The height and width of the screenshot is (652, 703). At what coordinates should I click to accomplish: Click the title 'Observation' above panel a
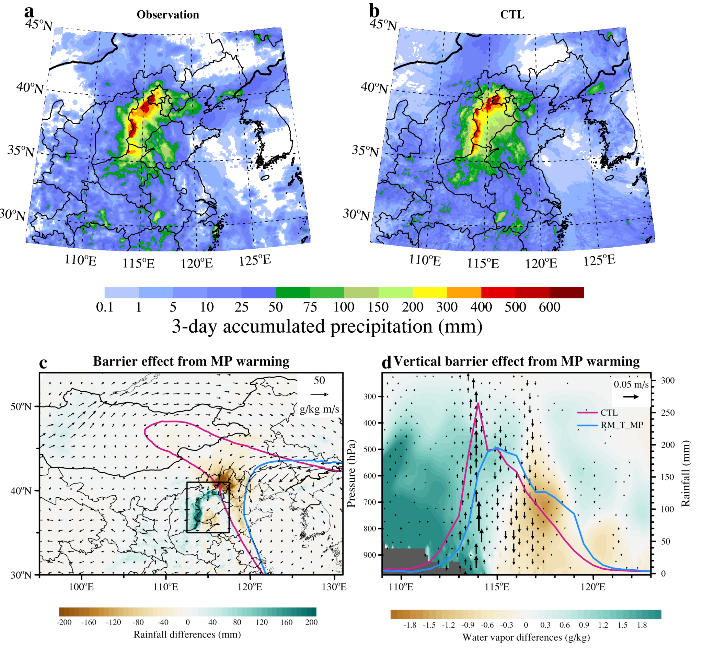[x=168, y=15]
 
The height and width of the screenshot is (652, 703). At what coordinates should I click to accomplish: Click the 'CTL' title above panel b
[x=512, y=15]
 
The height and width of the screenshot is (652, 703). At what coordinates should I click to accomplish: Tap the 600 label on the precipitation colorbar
[x=550, y=307]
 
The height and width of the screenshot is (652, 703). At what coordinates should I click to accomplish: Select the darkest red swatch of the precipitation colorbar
[x=567, y=293]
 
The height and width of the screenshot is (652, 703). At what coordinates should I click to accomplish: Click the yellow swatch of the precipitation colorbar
[x=430, y=293]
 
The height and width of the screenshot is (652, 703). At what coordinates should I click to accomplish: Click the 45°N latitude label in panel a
[x=39, y=25]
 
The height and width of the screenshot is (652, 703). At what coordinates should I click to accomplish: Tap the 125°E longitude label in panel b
[x=599, y=260]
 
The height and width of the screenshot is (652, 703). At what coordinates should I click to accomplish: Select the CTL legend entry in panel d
[x=609, y=413]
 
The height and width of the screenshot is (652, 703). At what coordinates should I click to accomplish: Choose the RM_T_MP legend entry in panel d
[x=621, y=425]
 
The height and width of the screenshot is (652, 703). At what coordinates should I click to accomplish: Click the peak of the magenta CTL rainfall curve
[x=478, y=403]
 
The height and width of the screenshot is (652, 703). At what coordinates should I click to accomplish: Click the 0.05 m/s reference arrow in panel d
[x=631, y=396]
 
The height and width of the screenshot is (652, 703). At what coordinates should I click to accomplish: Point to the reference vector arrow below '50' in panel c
[x=319, y=394]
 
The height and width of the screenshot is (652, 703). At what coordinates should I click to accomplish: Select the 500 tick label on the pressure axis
[x=370, y=449]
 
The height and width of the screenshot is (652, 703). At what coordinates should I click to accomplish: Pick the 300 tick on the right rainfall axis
[x=668, y=380]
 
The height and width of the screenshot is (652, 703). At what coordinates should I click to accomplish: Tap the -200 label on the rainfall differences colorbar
[x=64, y=622]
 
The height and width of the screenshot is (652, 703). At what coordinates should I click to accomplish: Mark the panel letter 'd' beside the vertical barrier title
[x=387, y=362]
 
